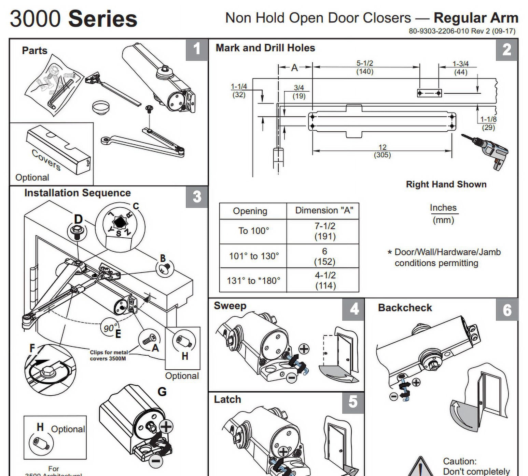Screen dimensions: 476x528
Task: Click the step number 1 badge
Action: pos(197,49)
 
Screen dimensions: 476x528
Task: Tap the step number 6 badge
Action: pos(507,310)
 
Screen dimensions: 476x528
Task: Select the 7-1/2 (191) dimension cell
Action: pos(324,231)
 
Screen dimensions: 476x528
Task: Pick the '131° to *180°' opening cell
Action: pos(253,280)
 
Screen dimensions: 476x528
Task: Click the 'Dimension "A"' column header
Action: pos(324,210)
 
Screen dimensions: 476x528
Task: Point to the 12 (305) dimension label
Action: pos(382,151)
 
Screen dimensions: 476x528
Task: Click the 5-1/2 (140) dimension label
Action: pos(365,67)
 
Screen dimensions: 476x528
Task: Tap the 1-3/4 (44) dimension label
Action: pos(460,68)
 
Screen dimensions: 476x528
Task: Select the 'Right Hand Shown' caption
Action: pos(446,184)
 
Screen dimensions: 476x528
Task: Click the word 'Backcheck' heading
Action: pos(405,308)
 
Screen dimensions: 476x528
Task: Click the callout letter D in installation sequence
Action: pos(78,219)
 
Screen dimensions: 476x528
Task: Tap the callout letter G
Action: pos(162,392)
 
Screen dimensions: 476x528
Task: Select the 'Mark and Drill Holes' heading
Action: pos(265,48)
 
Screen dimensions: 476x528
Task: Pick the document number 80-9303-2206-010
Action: pos(439,31)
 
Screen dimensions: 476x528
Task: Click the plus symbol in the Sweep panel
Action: pos(304,349)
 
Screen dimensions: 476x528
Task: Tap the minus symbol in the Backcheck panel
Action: pos(393,396)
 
